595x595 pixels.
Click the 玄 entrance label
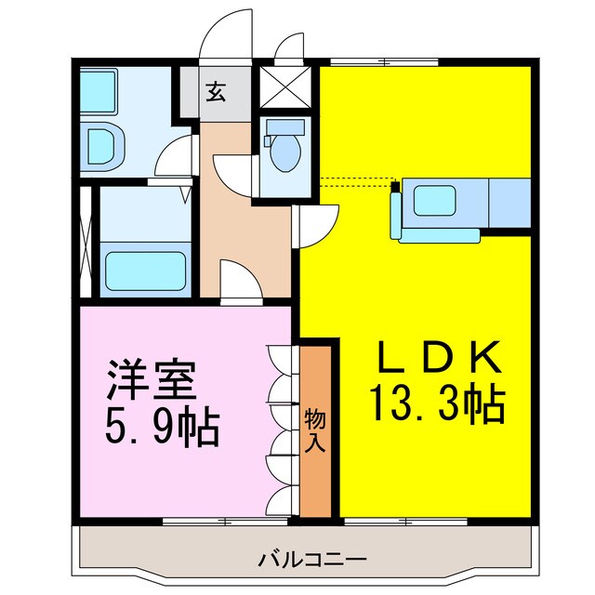[x=216, y=93]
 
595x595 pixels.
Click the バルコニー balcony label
[x=299, y=561]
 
